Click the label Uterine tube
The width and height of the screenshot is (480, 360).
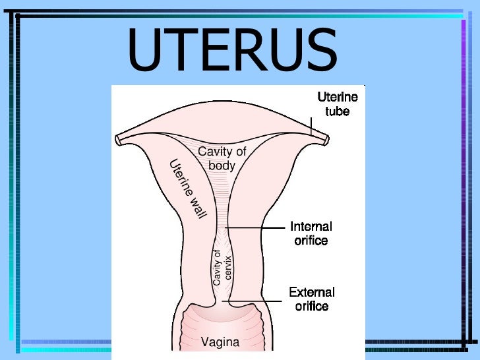[337, 104]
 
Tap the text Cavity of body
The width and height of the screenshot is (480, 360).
[222, 158]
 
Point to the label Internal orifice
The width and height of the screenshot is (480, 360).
[311, 233]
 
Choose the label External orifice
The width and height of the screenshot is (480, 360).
[312, 299]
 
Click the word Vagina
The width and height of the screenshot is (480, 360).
[220, 342]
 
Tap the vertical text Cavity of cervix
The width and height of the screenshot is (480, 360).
[222, 266]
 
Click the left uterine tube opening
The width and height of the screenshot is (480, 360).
[118, 140]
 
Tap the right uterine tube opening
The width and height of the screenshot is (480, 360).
[326, 139]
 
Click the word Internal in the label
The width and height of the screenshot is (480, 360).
[311, 227]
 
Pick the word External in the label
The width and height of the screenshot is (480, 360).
[312, 292]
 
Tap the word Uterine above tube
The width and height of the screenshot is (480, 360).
[338, 97]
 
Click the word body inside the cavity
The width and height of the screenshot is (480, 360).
[222, 165]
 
